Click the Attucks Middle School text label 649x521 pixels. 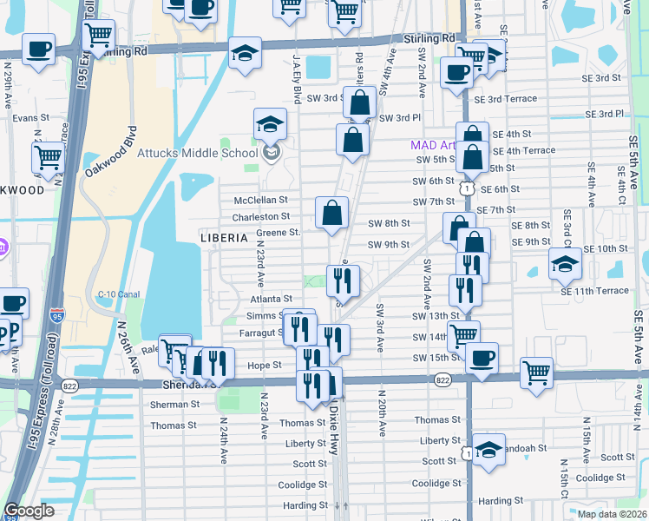coord(198,154)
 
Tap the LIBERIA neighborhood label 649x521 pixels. coord(225,237)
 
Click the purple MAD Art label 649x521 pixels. coord(433,146)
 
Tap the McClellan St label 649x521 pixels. coord(260,201)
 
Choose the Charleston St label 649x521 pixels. coord(260,216)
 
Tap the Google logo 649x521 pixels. coord(29,511)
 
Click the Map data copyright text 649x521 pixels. coord(611,514)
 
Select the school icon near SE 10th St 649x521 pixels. coord(565,265)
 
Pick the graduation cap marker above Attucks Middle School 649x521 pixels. coord(271,124)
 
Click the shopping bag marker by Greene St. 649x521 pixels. coord(331,214)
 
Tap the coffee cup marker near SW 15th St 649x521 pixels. coord(482,358)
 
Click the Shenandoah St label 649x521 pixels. coord(526,449)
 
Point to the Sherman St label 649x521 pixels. coord(174,404)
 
